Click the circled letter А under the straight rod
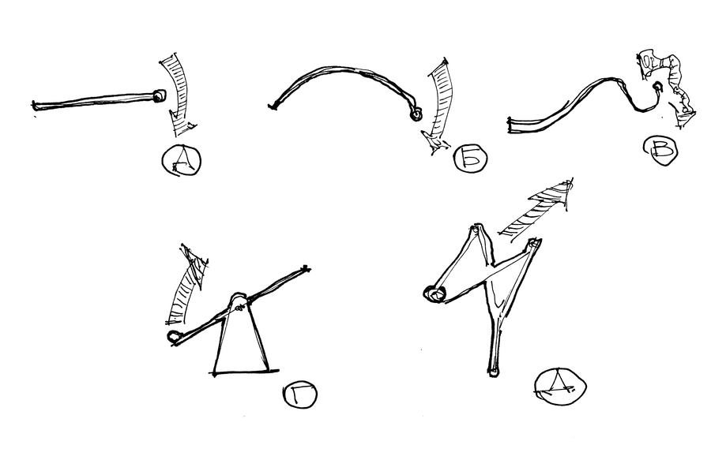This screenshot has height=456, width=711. pyautogui.click(x=182, y=160)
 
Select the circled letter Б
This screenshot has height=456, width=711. pyautogui.click(x=471, y=159)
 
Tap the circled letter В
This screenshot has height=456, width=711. pyautogui.click(x=660, y=151)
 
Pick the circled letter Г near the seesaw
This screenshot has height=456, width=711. pyautogui.click(x=299, y=395)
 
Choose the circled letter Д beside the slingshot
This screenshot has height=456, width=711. pyautogui.click(x=560, y=387)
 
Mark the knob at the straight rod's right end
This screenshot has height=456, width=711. pyautogui.click(x=159, y=95)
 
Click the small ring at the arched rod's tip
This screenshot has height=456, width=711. pyautogui.click(x=416, y=115)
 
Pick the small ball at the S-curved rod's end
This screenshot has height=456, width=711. pyautogui.click(x=656, y=86)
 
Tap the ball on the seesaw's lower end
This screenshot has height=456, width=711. pyautogui.click(x=174, y=336)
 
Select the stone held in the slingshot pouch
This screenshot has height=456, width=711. pyautogui.click(x=434, y=294)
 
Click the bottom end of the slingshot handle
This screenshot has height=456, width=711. pyautogui.click(x=494, y=372)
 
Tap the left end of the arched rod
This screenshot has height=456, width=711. pyautogui.click(x=272, y=107)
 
